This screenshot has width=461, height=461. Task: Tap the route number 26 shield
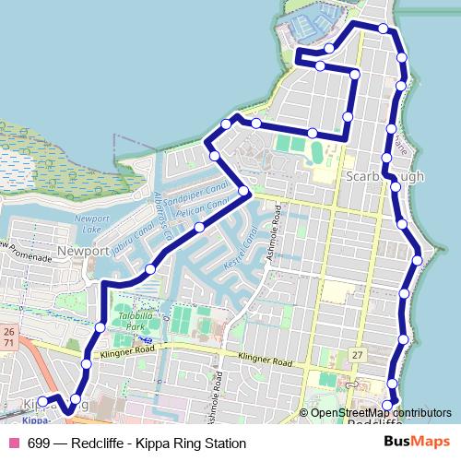point(8,331)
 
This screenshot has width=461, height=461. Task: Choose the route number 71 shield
point(8,343)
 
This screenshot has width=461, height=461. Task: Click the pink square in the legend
point(13,443)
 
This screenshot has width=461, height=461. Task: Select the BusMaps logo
point(421,443)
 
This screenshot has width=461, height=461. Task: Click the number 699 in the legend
point(38,443)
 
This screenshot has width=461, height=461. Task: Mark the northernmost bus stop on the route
point(384,29)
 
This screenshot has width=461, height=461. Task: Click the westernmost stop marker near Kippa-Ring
point(42,401)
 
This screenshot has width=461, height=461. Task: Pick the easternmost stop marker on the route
point(417,260)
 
